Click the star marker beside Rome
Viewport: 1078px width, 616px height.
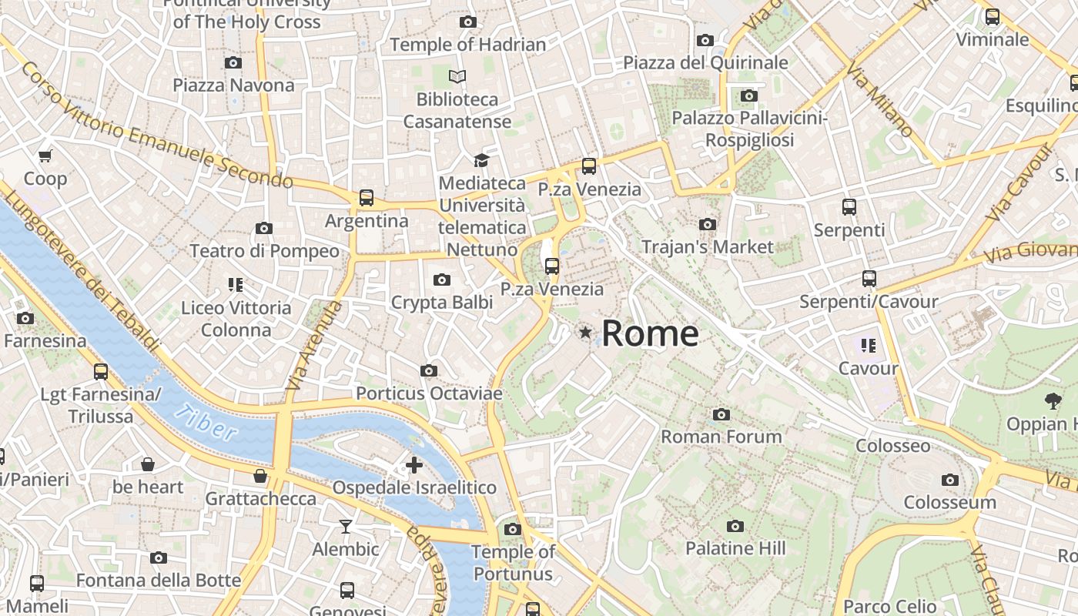click(x=586, y=333)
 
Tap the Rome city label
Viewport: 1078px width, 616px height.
click(x=650, y=333)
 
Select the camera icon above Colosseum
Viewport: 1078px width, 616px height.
click(x=949, y=480)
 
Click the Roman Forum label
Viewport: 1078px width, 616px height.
click(x=721, y=437)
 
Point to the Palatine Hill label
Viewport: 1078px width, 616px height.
click(x=735, y=548)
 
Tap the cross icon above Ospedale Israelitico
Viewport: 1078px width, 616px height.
click(x=413, y=465)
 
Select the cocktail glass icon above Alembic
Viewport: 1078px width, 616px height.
click(x=346, y=527)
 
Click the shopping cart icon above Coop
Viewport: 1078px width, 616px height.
click(x=45, y=156)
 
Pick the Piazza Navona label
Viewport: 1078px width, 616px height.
click(x=233, y=85)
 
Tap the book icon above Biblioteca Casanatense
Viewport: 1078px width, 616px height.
click(x=457, y=76)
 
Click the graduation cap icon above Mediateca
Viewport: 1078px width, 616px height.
click(x=481, y=160)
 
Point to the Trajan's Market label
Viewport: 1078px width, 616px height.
click(x=707, y=247)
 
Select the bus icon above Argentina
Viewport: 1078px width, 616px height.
click(x=367, y=198)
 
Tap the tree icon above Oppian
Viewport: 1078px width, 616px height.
click(x=1053, y=400)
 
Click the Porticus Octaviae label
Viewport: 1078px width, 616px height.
click(x=429, y=393)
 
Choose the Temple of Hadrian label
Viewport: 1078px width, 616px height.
click(x=467, y=45)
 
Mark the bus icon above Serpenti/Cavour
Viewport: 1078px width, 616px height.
click(x=869, y=279)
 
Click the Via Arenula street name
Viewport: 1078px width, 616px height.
click(x=313, y=345)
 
